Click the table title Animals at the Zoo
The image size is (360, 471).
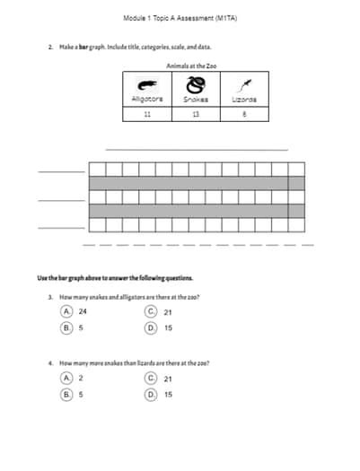(x=191, y=65)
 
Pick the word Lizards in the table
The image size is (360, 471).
(x=243, y=100)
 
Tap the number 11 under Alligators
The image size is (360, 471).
(x=146, y=115)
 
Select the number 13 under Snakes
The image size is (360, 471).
(x=194, y=115)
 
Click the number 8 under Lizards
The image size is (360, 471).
(x=243, y=115)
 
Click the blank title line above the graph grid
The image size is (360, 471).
(x=197, y=149)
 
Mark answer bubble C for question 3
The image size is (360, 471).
(x=152, y=311)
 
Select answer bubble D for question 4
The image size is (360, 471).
(x=152, y=394)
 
